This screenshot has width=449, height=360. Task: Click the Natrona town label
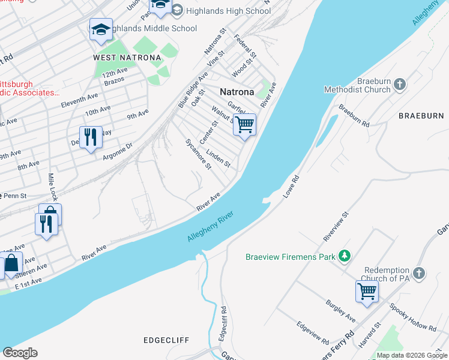click(x=237, y=92)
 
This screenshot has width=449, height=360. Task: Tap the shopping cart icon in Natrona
click(x=244, y=125)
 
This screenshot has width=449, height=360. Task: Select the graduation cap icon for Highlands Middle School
click(x=101, y=29)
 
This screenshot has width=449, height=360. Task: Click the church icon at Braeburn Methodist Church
click(x=400, y=85)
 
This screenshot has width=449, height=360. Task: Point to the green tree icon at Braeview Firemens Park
click(x=344, y=257)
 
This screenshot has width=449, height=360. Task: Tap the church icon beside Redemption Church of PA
click(x=418, y=274)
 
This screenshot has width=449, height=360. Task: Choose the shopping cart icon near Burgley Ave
click(x=367, y=292)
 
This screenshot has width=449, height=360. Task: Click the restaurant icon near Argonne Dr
click(x=91, y=137)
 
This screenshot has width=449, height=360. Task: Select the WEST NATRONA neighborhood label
click(x=127, y=58)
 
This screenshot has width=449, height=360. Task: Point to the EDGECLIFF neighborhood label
click(x=166, y=340)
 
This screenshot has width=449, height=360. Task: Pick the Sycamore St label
click(x=198, y=154)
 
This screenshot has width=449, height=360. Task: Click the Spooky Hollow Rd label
click(x=412, y=319)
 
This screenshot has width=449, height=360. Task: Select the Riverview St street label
click(x=336, y=226)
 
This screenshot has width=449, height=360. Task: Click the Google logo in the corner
click(x=20, y=353)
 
